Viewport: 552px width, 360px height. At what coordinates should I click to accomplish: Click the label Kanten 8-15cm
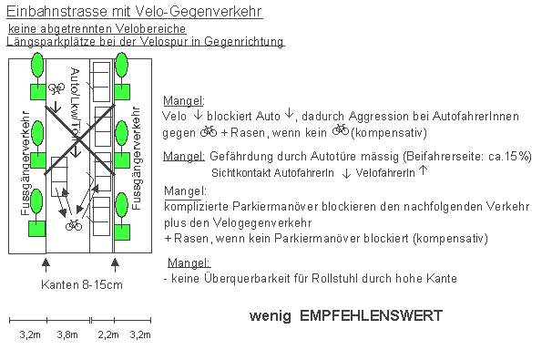81,284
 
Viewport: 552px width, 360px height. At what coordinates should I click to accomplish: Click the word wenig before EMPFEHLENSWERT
271,316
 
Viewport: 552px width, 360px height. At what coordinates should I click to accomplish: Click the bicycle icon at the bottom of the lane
74,224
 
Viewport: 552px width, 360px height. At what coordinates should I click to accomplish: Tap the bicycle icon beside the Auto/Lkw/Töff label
55,88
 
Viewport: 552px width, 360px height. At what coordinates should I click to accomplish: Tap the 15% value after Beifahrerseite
516,157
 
